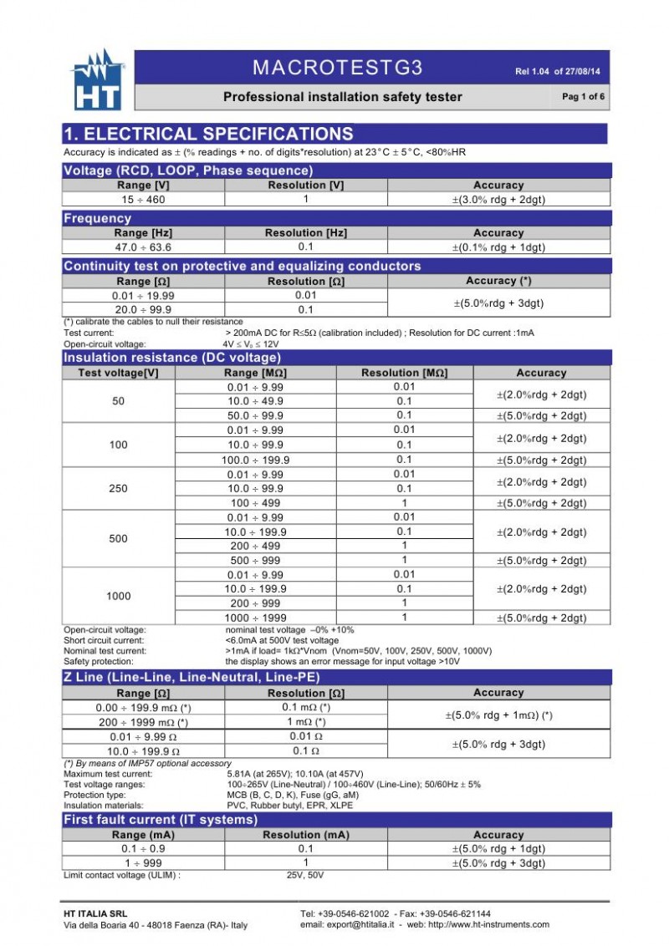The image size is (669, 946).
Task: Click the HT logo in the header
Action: pos(99,81)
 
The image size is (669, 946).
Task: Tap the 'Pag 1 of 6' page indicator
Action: pos(583,97)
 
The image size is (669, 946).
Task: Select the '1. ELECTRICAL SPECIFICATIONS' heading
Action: pos(209,134)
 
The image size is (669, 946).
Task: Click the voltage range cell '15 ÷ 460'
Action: pos(144,200)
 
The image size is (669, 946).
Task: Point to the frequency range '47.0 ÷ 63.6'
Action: pos(144,247)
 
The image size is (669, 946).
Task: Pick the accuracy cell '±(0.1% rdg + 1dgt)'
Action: pos(498,247)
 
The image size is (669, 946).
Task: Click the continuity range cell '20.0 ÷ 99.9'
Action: pos(144,309)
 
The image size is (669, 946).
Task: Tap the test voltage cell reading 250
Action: pos(119,489)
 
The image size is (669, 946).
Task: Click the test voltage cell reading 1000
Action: pos(119,596)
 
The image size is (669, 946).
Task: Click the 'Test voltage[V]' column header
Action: pos(119,373)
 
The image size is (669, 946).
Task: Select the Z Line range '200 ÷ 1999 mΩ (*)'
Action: pos(144,722)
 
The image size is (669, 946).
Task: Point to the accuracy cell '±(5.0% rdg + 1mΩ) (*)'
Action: pos(498,715)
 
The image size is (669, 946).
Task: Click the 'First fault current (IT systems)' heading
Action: pos(161,820)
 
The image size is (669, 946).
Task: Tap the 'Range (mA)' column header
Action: pos(144,835)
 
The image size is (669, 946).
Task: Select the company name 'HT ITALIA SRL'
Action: pos(96,913)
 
